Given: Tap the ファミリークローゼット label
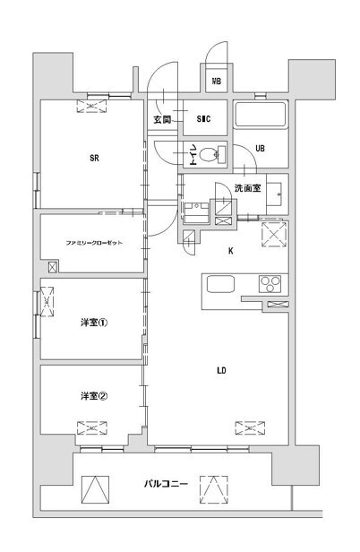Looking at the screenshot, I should [93, 243].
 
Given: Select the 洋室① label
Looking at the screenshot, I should [93, 323].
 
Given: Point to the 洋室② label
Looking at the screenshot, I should [93, 397].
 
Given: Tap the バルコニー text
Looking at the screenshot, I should [166, 485].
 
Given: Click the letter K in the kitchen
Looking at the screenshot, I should [230, 251].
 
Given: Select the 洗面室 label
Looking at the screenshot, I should [247, 188].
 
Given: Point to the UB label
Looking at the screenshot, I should [260, 149].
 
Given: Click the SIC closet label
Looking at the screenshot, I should [203, 119].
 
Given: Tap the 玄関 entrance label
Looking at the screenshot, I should [161, 119].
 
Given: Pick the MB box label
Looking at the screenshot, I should [216, 82].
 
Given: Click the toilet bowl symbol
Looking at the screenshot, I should [211, 155].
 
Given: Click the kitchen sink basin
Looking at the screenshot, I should [220, 284].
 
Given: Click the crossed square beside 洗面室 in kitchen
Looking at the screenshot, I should [272, 235].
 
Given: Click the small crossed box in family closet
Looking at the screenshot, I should [52, 266].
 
